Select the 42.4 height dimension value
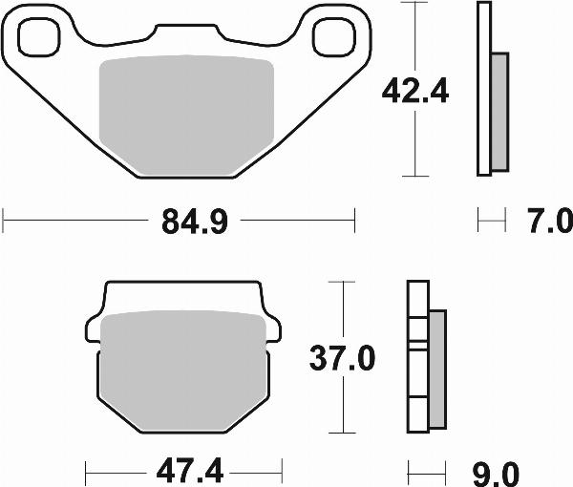[415, 93]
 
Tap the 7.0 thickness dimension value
[548, 222]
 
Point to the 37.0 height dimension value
[341, 360]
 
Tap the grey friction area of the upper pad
[187, 115]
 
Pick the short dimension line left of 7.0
[490, 222]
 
